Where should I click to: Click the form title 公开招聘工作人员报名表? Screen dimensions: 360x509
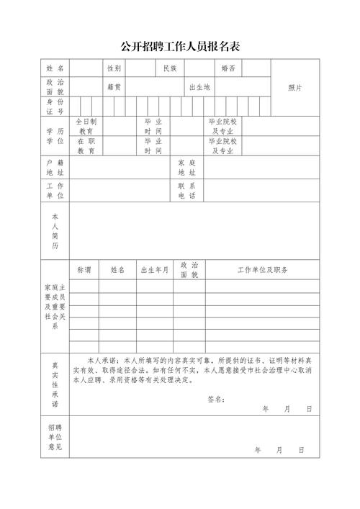pos(180,47)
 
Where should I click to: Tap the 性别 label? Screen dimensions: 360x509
pos(114,68)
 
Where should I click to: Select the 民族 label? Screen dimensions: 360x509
pos(170,68)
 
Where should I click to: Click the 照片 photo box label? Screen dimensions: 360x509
pos(294,87)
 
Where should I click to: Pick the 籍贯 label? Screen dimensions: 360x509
pos(114,87)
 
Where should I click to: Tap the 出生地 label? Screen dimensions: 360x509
pos(199,87)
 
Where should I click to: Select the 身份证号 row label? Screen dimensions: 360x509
pos(55,107)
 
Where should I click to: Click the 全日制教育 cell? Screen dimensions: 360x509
pos(86,127)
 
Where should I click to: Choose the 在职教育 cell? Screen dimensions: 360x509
pos(86,146)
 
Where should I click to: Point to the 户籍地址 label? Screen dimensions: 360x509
pos(55,169)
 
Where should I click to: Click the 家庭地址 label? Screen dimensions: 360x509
pos(186,169)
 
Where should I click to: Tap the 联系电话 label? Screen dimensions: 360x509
pos(186,191)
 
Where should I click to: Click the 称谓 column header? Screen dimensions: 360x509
pos(84,270)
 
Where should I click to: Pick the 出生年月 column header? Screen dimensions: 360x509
pos(154,270)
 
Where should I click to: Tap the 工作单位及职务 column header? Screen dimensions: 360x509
pos(263,270)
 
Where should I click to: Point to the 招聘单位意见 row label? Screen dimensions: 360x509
pos(55,437)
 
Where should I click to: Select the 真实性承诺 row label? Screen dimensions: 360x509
pos(55,384)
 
